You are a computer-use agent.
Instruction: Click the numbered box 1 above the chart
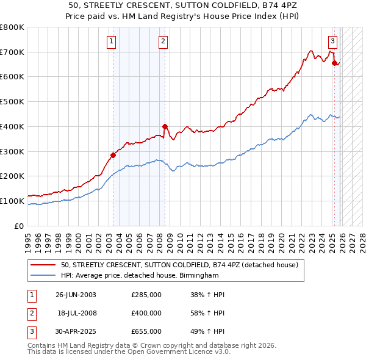[112, 41]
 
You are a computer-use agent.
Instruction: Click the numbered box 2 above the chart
[163, 41]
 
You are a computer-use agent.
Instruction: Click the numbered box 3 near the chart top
[332, 41]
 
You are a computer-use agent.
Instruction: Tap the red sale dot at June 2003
[113, 155]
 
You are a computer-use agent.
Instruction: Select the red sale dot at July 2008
[165, 126]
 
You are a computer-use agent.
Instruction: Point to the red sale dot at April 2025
[334, 63]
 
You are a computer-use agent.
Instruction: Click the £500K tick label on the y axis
[12, 102]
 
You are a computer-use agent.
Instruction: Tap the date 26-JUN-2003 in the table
[76, 295]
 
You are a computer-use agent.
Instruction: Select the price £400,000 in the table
[146, 313]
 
